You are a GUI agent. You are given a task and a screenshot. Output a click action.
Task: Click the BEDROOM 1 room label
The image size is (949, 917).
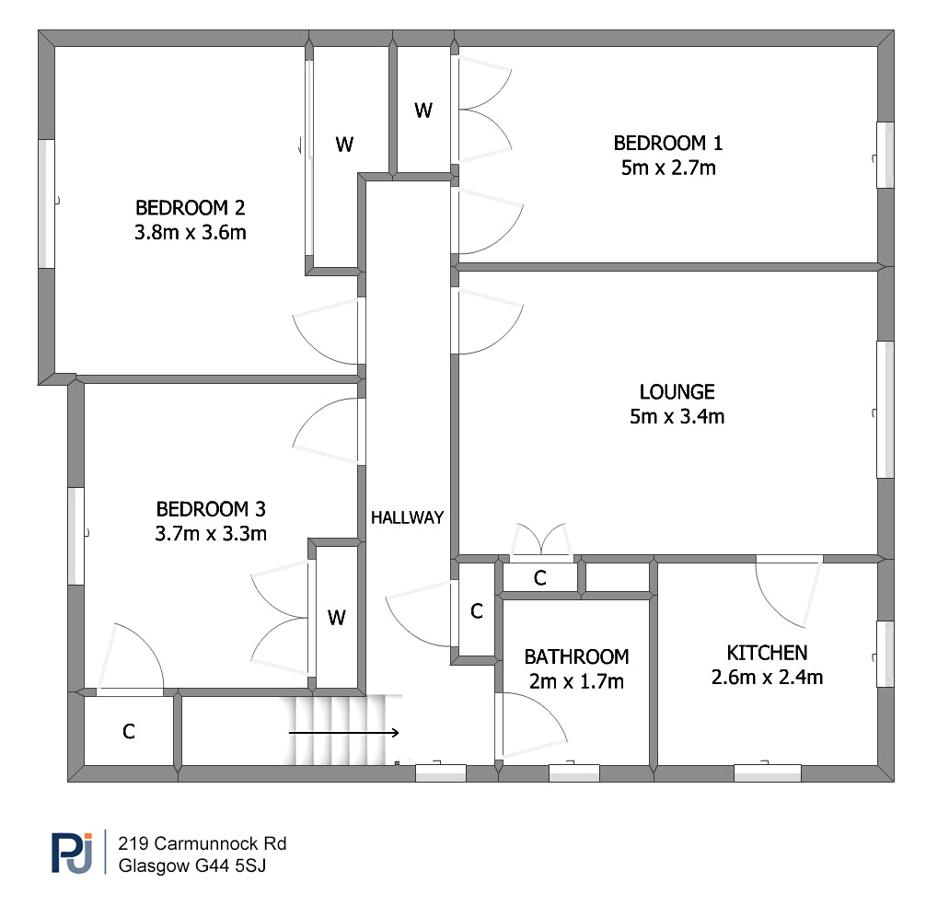point(667,143)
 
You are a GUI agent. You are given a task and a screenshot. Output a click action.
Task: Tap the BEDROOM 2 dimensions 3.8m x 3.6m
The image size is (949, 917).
point(190,232)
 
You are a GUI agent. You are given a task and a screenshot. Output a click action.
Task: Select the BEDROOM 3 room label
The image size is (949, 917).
point(211,509)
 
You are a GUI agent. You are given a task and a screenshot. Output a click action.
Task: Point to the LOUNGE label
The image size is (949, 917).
point(677,391)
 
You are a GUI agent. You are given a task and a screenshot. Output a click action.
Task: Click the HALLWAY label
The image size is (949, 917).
point(408,517)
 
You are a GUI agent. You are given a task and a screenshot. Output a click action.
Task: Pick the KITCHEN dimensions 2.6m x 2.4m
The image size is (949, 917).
point(767,678)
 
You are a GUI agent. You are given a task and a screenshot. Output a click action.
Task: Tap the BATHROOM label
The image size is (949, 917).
point(576,656)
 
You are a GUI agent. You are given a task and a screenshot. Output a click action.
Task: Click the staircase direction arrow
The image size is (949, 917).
point(343,733)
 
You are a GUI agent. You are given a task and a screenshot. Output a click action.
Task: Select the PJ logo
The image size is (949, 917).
point(72,853)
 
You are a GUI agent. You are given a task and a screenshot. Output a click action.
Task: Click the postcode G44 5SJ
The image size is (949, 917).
point(230,865)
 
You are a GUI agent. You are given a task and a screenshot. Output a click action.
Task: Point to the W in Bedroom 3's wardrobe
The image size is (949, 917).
point(337,618)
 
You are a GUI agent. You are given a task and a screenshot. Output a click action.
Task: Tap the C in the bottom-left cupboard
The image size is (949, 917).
point(128,732)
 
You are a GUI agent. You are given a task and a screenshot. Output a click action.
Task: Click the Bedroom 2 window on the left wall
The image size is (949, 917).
point(47,204)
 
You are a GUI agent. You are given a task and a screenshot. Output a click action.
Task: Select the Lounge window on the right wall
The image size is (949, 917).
point(885,410)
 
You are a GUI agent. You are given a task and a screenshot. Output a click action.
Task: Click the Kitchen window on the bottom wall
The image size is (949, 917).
point(768,773)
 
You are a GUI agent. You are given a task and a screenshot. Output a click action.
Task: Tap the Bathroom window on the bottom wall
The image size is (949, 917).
point(573,773)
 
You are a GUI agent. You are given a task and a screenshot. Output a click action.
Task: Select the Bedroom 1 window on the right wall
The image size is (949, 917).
point(885,155)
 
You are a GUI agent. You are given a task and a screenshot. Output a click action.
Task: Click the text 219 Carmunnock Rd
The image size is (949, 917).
point(203,843)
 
